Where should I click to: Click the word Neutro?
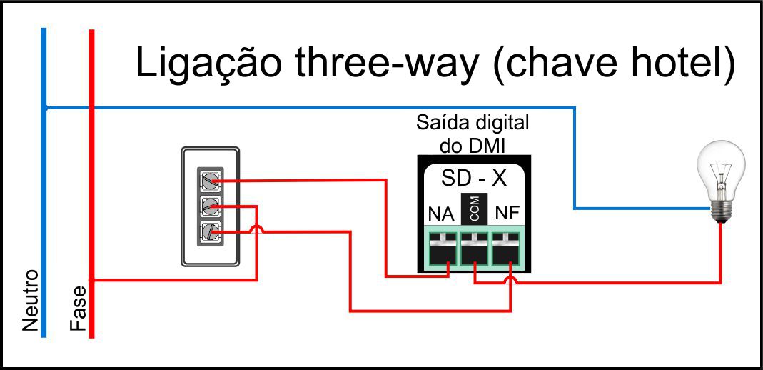30,301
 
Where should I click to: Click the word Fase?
78,309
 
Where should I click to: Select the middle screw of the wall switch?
210,206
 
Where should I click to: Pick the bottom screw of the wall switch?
210,232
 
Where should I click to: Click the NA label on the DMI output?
441,214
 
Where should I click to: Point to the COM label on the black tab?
475,208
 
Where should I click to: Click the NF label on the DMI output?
507,214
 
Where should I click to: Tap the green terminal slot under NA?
443,249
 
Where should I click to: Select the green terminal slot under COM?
475,249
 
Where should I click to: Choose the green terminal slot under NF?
506,249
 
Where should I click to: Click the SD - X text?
474,179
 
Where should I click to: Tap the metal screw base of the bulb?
721,211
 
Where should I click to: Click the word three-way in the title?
387,64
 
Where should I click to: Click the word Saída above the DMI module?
441,123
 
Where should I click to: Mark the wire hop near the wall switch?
256,229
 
